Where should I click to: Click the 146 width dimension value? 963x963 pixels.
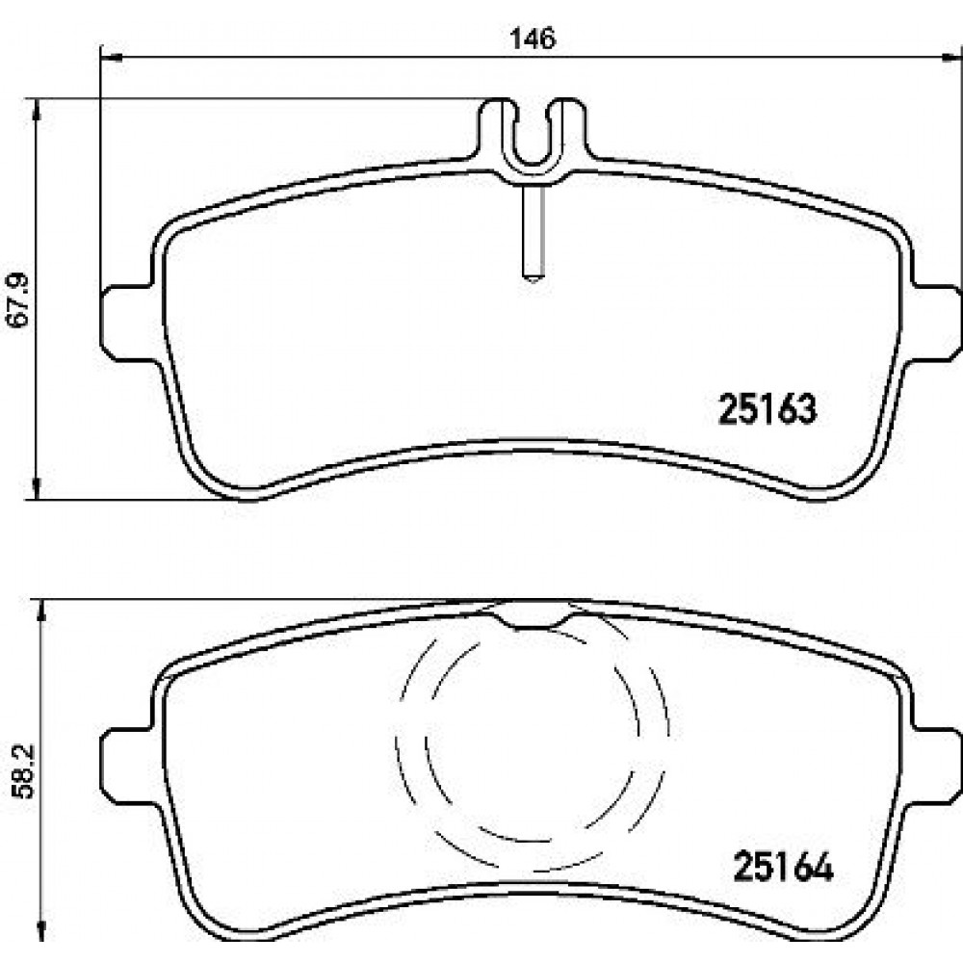coord(534,39)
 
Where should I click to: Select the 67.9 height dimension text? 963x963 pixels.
coord(18,300)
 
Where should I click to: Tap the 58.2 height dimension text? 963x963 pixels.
coord(25,772)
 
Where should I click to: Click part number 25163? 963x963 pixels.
coord(768,409)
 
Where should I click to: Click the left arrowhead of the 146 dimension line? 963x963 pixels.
coord(111,57)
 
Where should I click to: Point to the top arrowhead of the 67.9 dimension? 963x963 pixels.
coord(38,110)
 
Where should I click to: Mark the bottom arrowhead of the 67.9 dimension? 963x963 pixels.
coord(38,488)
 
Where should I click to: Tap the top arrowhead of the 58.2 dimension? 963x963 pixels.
coord(41,612)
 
